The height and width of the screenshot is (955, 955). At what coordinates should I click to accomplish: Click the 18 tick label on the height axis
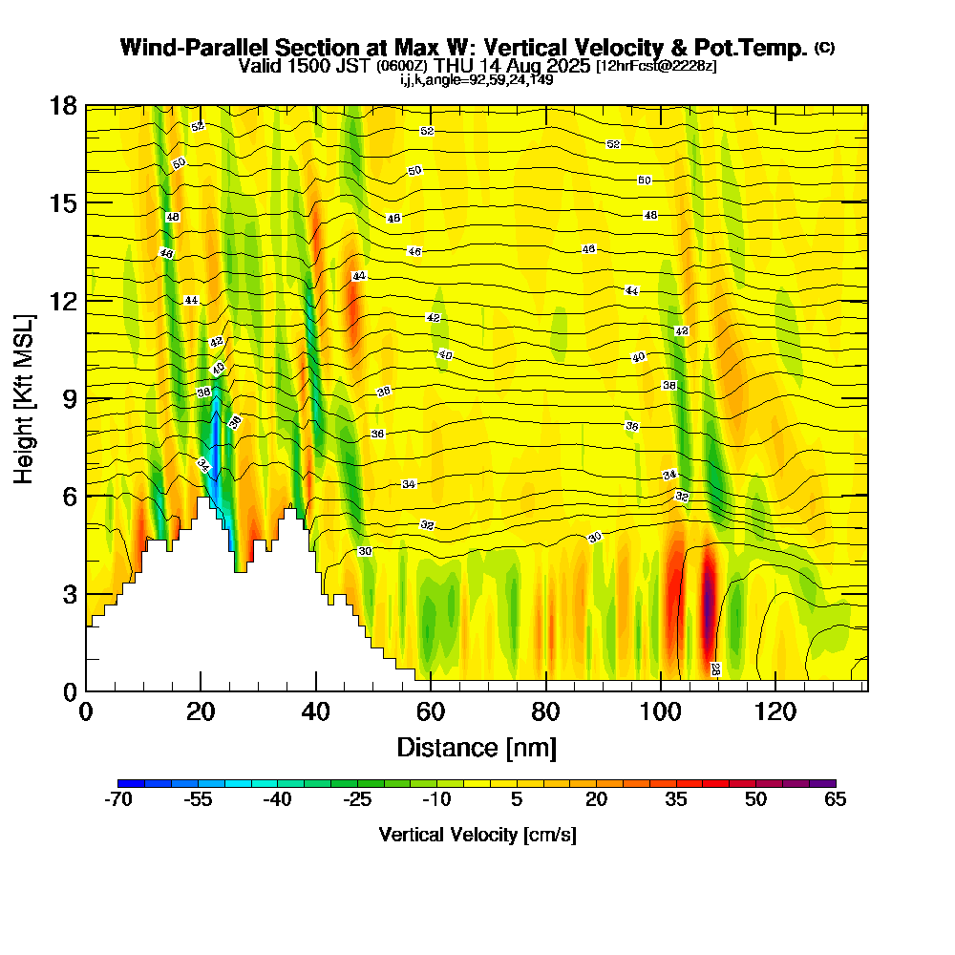(x=63, y=105)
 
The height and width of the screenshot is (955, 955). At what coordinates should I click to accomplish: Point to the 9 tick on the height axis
(x=86, y=397)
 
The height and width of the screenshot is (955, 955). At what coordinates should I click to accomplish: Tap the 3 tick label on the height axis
(x=70, y=594)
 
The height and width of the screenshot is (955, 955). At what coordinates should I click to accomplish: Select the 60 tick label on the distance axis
(x=431, y=711)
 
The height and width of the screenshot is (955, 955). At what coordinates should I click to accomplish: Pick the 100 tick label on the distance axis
(x=660, y=711)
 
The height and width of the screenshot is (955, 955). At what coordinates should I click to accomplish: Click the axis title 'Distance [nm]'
(x=477, y=747)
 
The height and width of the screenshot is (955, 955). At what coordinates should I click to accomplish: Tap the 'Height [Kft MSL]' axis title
(x=24, y=397)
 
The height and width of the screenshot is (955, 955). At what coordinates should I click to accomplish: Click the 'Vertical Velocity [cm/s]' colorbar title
(x=477, y=835)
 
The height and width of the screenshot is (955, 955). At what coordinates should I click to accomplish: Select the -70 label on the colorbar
(x=117, y=800)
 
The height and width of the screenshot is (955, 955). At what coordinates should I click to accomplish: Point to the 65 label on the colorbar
(x=836, y=800)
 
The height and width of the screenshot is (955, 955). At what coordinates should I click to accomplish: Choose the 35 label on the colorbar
(x=676, y=800)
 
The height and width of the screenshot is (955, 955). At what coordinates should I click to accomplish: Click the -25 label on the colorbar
(x=357, y=800)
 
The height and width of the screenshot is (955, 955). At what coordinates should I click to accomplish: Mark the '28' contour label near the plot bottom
(x=714, y=669)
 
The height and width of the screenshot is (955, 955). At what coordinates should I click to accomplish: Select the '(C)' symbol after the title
(x=824, y=48)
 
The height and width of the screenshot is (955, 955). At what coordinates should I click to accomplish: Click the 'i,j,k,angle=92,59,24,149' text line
(x=477, y=80)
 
